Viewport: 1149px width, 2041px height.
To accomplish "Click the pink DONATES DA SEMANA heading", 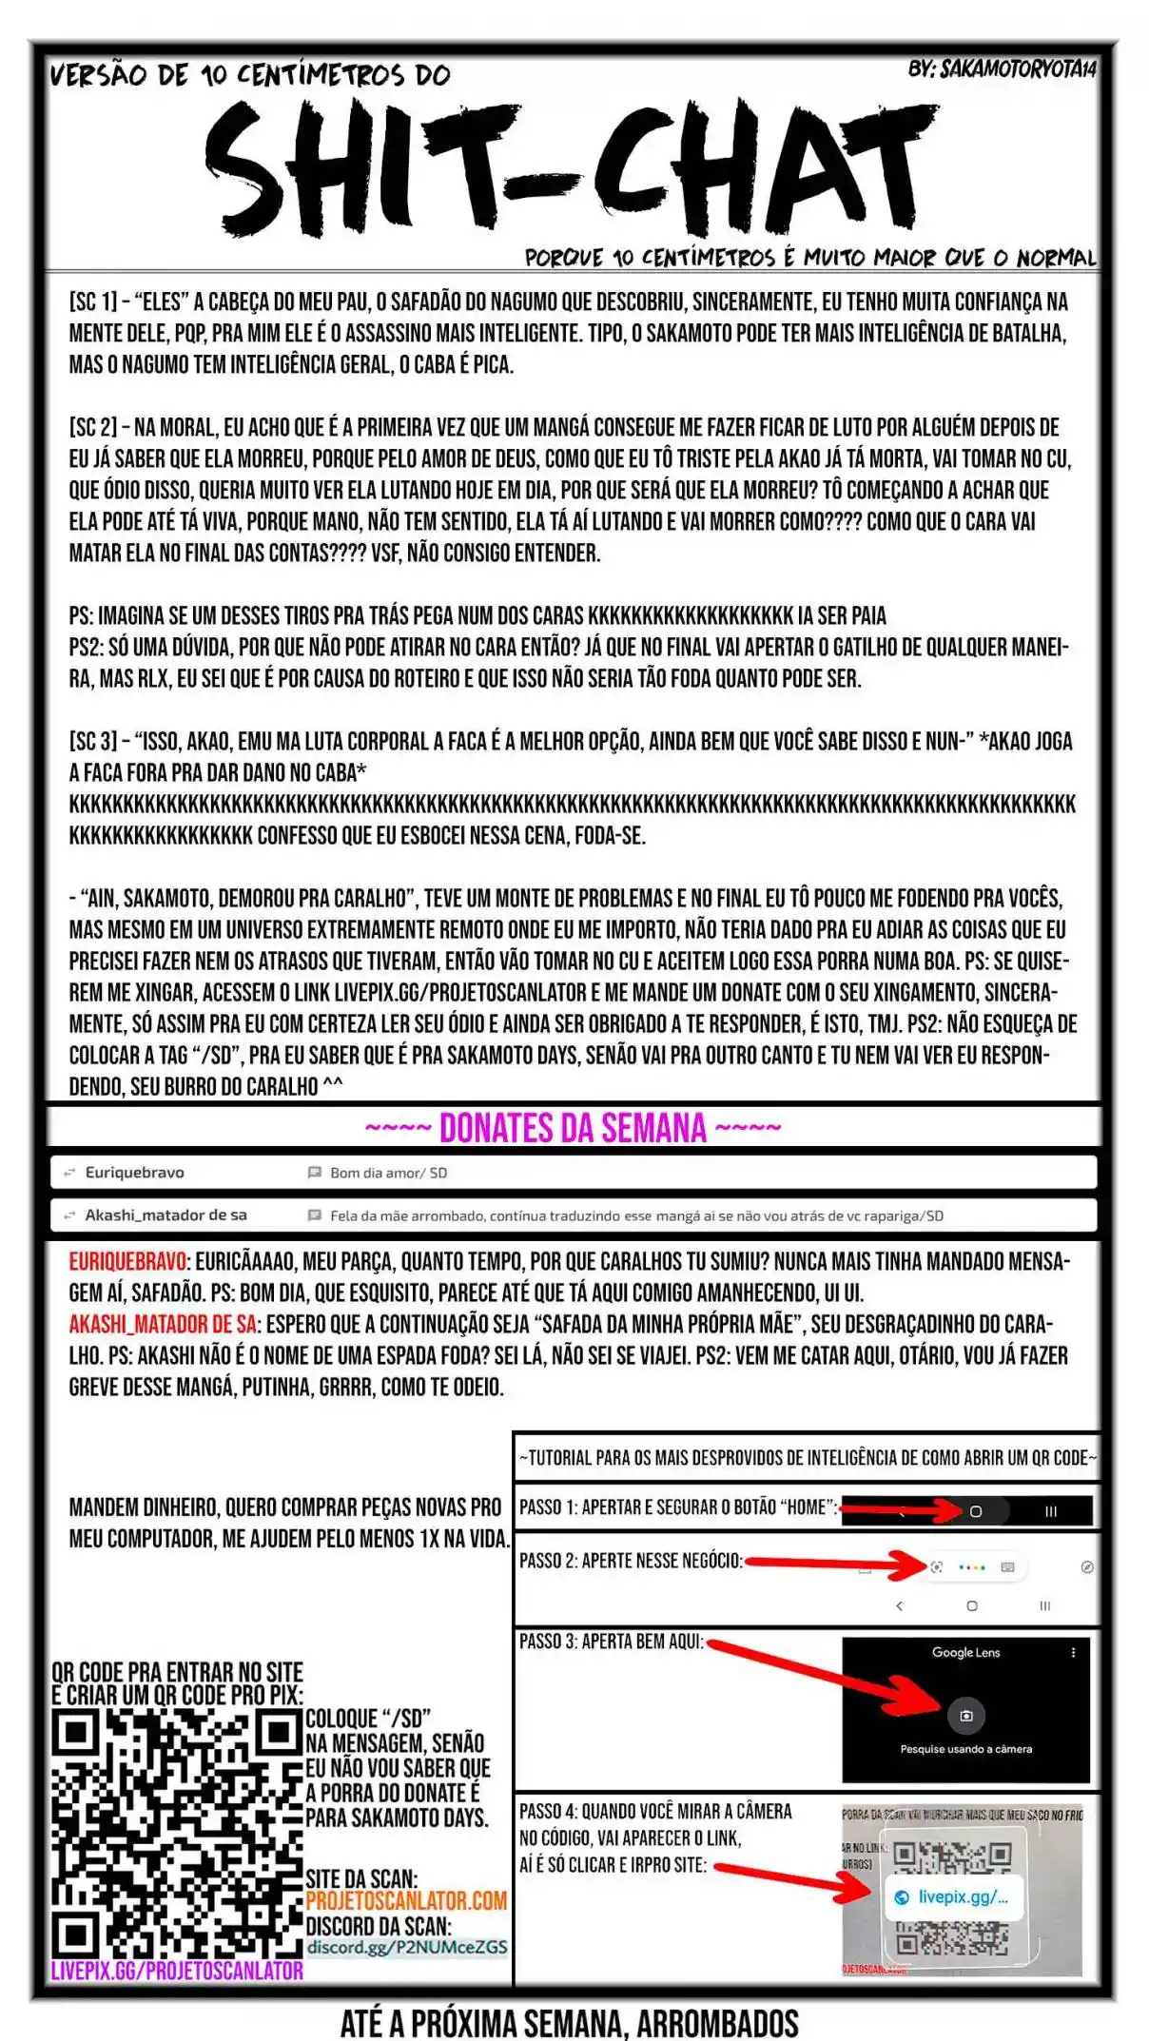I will pos(573,1128).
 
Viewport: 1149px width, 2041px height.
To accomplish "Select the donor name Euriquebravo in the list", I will pos(134,1173).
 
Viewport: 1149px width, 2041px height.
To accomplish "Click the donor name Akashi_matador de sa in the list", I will pos(166,1215).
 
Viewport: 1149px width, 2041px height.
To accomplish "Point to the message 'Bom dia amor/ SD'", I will pos(388,1173).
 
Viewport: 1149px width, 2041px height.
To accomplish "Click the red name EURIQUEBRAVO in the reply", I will pos(127,1261).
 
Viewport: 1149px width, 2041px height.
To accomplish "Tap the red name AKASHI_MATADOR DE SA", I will pos(162,1324).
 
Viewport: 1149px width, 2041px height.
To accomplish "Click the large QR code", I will pos(176,1833).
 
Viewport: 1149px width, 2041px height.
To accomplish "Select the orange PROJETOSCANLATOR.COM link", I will pos(406,1900).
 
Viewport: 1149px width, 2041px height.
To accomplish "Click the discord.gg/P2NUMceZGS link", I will pos(406,1946).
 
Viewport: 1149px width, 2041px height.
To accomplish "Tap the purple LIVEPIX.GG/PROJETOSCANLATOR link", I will pos(177,1970).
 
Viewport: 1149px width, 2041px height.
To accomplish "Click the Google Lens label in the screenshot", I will pos(965,1652).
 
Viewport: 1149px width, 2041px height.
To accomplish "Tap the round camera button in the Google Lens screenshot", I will pos(966,1716).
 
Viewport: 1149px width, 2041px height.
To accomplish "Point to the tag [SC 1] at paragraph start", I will pos(92,302).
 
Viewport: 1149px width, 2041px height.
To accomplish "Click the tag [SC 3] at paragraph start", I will pos(92,742).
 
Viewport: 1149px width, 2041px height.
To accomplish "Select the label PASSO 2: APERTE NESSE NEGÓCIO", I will pos(630,1561).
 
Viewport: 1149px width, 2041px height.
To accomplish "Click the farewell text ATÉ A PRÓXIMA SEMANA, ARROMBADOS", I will pos(569,2022).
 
